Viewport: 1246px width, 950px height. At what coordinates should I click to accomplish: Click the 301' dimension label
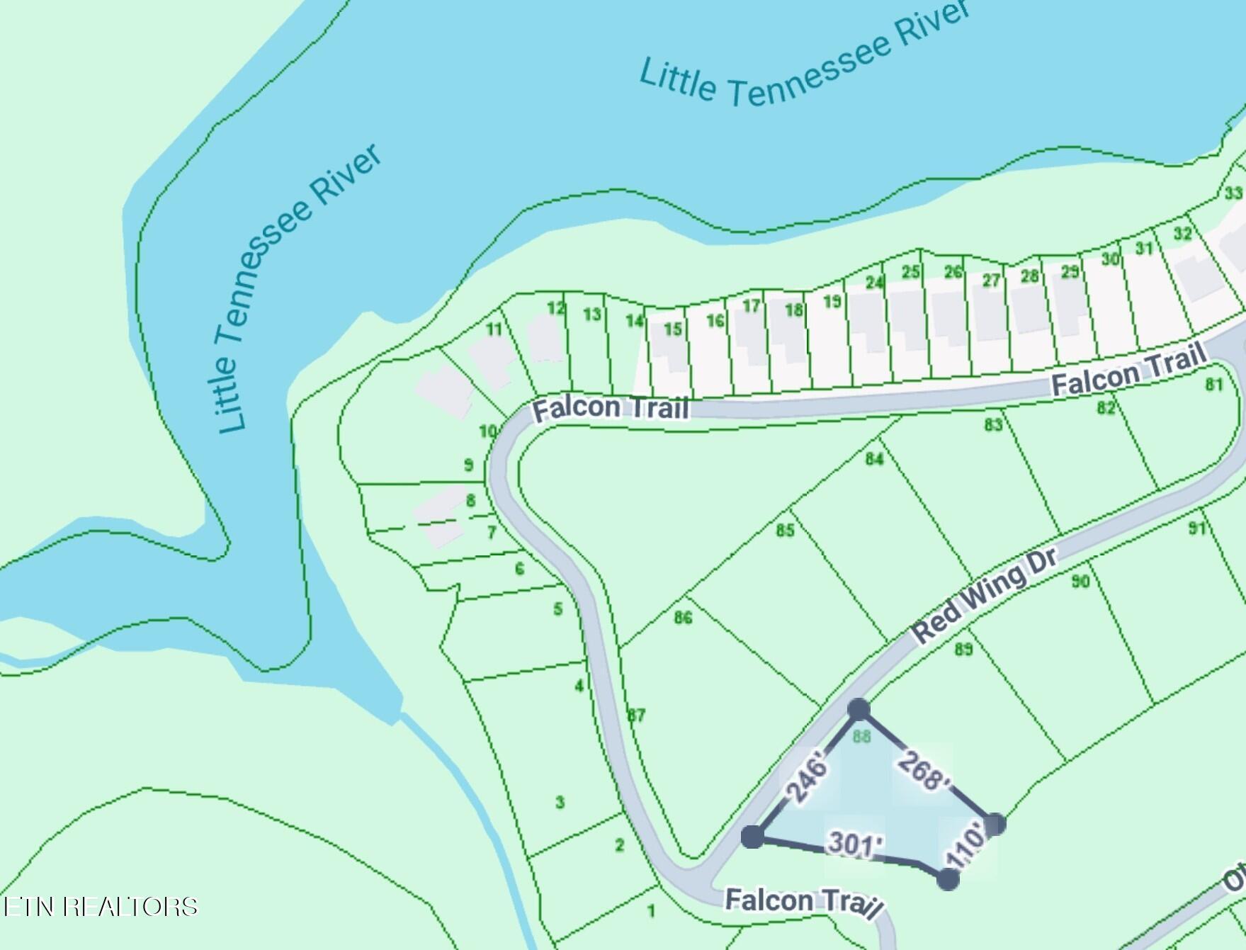(855, 844)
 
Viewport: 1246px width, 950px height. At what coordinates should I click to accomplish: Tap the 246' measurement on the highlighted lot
(808, 780)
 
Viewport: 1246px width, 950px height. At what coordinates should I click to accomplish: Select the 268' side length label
(922, 771)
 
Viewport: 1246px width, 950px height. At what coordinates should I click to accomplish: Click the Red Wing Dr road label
(985, 594)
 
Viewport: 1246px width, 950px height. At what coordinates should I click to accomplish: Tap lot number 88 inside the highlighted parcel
(861, 737)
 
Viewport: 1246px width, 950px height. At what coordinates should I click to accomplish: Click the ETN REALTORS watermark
(101, 906)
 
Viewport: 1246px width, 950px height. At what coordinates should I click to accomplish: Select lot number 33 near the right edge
(1233, 193)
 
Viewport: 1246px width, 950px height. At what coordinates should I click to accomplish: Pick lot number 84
(874, 459)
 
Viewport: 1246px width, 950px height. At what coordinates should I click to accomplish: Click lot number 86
(683, 618)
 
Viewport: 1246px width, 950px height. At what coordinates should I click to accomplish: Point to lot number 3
(560, 803)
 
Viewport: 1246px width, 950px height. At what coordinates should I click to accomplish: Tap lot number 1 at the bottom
(651, 911)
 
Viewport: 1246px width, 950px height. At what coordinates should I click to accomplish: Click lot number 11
(494, 329)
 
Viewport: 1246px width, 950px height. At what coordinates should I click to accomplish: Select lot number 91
(1197, 528)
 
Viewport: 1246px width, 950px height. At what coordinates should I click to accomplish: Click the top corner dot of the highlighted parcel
(859, 709)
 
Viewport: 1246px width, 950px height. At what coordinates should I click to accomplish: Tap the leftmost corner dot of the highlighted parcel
(752, 837)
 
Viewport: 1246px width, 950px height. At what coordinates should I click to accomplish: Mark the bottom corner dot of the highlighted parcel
(948, 879)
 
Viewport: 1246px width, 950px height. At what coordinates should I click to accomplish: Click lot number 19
(832, 302)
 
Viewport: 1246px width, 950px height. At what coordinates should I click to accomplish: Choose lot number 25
(911, 272)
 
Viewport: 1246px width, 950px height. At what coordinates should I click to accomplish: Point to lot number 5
(558, 609)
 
